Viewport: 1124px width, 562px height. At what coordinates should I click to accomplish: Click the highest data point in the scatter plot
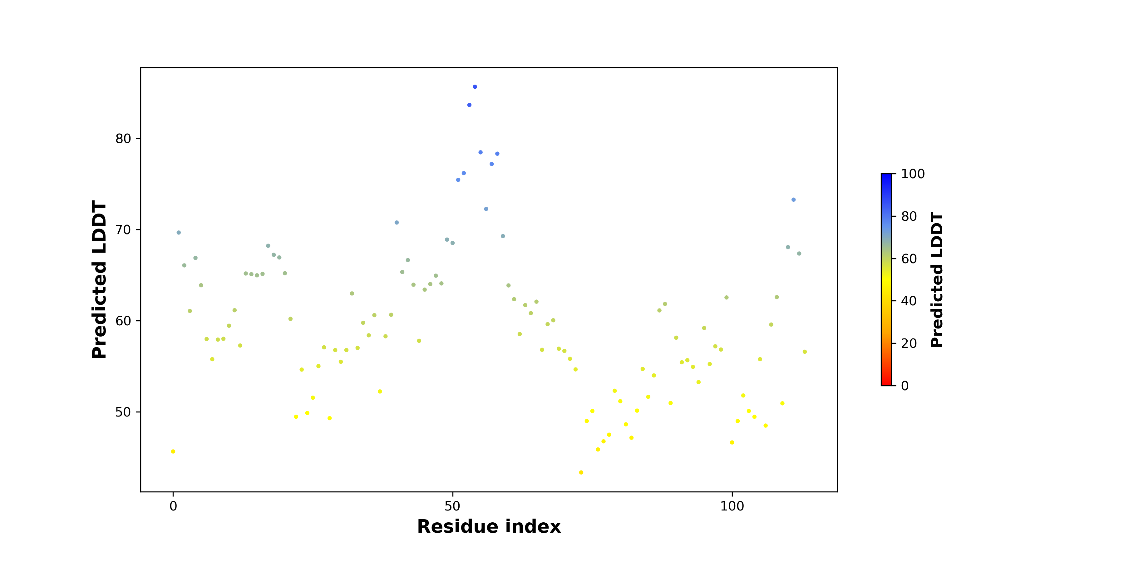pyautogui.click(x=475, y=87)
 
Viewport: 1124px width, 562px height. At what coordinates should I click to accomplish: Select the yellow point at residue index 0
pyautogui.click(x=173, y=451)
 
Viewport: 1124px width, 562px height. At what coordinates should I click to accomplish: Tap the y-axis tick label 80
pyautogui.click(x=123, y=139)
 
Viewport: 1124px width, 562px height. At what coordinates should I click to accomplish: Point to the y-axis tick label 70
pyautogui.click(x=123, y=230)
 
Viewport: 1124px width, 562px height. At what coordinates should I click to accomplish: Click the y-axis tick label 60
pyautogui.click(x=123, y=321)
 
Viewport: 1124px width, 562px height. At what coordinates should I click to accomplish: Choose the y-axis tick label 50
pyautogui.click(x=123, y=412)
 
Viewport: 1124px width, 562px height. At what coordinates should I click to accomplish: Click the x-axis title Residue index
pyautogui.click(x=489, y=527)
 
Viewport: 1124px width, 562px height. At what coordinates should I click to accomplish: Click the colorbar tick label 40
pyautogui.click(x=909, y=301)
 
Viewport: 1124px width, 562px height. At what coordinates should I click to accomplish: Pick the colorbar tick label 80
pyautogui.click(x=909, y=216)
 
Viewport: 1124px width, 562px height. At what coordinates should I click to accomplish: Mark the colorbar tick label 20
pyautogui.click(x=909, y=344)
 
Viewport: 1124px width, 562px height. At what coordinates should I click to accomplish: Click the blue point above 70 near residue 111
pyautogui.click(x=794, y=200)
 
